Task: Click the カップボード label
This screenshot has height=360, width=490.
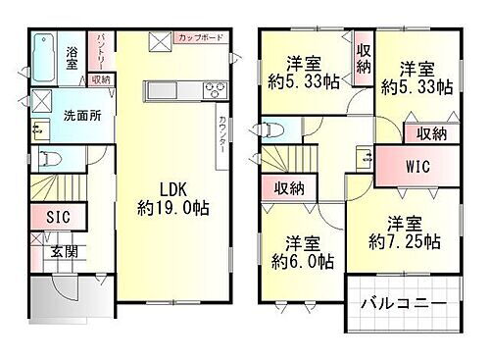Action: (200, 38)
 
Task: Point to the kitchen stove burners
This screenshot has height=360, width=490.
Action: (213, 92)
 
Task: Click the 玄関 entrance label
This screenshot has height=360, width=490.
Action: (64, 251)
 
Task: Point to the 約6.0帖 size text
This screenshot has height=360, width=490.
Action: (302, 262)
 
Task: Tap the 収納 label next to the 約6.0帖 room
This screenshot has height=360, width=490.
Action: (288, 188)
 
